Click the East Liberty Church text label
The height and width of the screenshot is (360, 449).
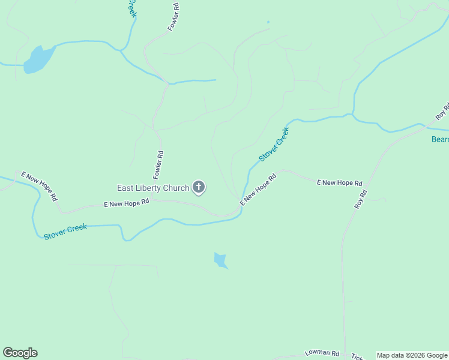point(153,188)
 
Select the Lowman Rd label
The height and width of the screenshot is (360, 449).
point(322,353)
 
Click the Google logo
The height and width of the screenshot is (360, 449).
point(20,353)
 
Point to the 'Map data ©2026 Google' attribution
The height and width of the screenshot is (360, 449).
point(412,355)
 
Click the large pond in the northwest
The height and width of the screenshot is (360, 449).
point(38,59)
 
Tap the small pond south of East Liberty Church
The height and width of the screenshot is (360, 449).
point(221,260)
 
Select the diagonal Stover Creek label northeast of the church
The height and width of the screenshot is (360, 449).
point(274,143)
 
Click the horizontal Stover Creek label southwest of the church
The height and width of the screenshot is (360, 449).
point(65,231)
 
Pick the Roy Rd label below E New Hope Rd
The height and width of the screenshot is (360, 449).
point(360,199)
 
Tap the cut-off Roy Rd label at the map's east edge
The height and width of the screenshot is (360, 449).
point(442,110)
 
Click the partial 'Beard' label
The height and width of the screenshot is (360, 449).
point(440,140)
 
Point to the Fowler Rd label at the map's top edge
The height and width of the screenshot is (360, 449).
point(174,17)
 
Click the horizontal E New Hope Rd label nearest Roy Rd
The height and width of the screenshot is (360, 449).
point(339,182)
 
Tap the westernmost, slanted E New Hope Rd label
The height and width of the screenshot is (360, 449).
point(40,186)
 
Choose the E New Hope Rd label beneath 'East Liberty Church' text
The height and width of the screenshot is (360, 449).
point(126,204)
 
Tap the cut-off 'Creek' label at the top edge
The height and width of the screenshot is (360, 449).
point(131,8)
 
